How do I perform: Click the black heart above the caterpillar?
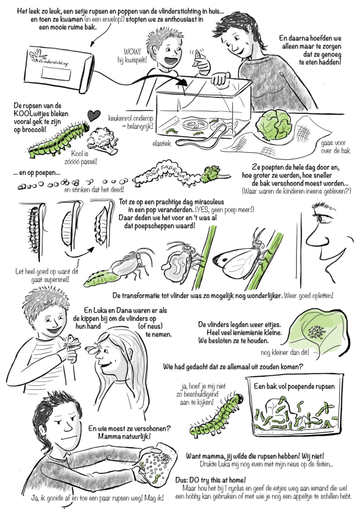[x=94, y=116]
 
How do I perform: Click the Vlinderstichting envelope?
[x=61, y=70]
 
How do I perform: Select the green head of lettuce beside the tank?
[x=273, y=125]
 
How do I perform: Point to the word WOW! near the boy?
[x=132, y=51]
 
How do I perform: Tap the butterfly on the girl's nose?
[x=93, y=348]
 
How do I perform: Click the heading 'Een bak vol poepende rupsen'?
[x=294, y=386]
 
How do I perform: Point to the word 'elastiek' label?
[x=162, y=143]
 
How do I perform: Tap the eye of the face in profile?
[x=322, y=218]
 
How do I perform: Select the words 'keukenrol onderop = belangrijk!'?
[x=131, y=122]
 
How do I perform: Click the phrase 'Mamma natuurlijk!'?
[x=125, y=436]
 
